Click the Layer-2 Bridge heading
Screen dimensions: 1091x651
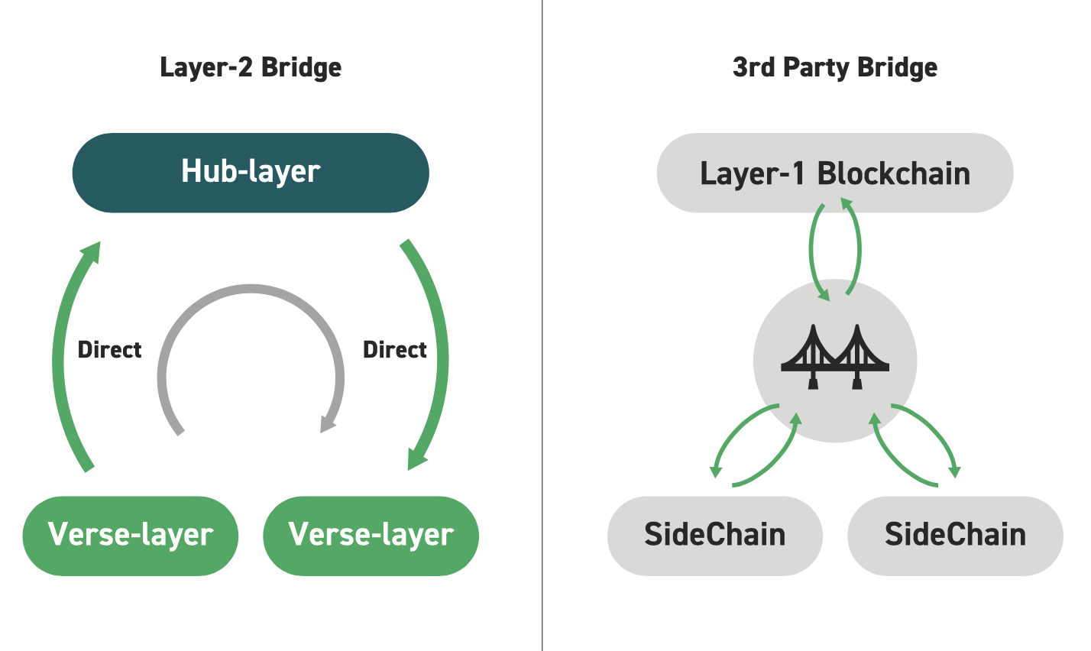[x=251, y=67]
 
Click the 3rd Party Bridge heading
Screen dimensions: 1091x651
[x=835, y=67]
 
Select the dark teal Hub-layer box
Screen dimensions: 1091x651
[x=251, y=173]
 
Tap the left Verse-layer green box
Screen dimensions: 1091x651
[x=130, y=536]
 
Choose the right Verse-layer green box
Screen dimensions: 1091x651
[x=371, y=536]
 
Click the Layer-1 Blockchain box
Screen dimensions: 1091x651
[x=835, y=173]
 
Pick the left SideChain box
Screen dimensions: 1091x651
[x=715, y=536]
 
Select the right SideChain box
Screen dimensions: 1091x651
[x=955, y=536]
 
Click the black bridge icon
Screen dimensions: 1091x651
[x=835, y=357]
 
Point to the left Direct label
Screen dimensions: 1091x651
[x=109, y=350]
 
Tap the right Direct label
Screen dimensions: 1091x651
[x=395, y=350]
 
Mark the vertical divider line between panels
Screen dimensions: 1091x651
[x=542, y=325]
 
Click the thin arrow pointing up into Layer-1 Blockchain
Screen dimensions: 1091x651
[x=858, y=248]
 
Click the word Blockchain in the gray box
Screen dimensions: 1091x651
[x=894, y=173]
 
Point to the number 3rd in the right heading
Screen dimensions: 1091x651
[x=753, y=67]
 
